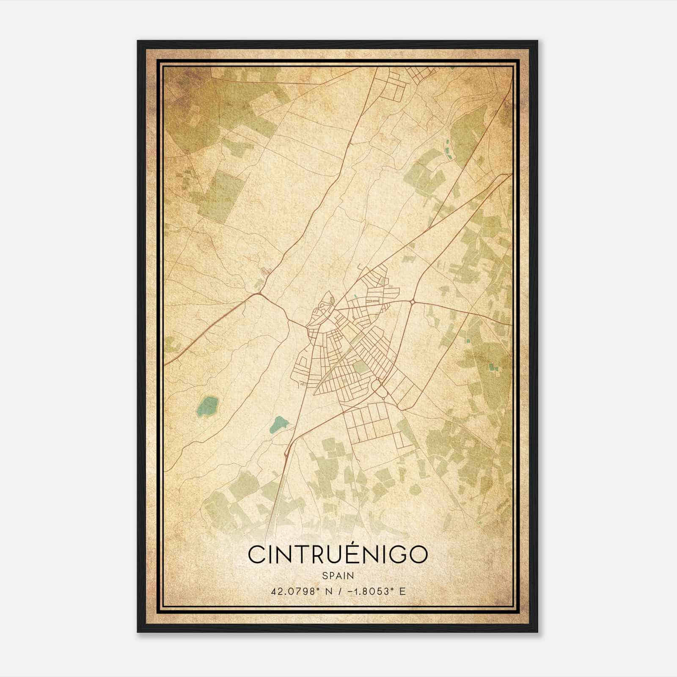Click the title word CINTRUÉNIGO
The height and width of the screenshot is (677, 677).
point(338,554)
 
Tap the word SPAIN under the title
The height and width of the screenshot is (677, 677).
point(338,575)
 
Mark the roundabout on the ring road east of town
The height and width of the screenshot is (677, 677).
point(412,302)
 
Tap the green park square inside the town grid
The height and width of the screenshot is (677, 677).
point(360,367)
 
